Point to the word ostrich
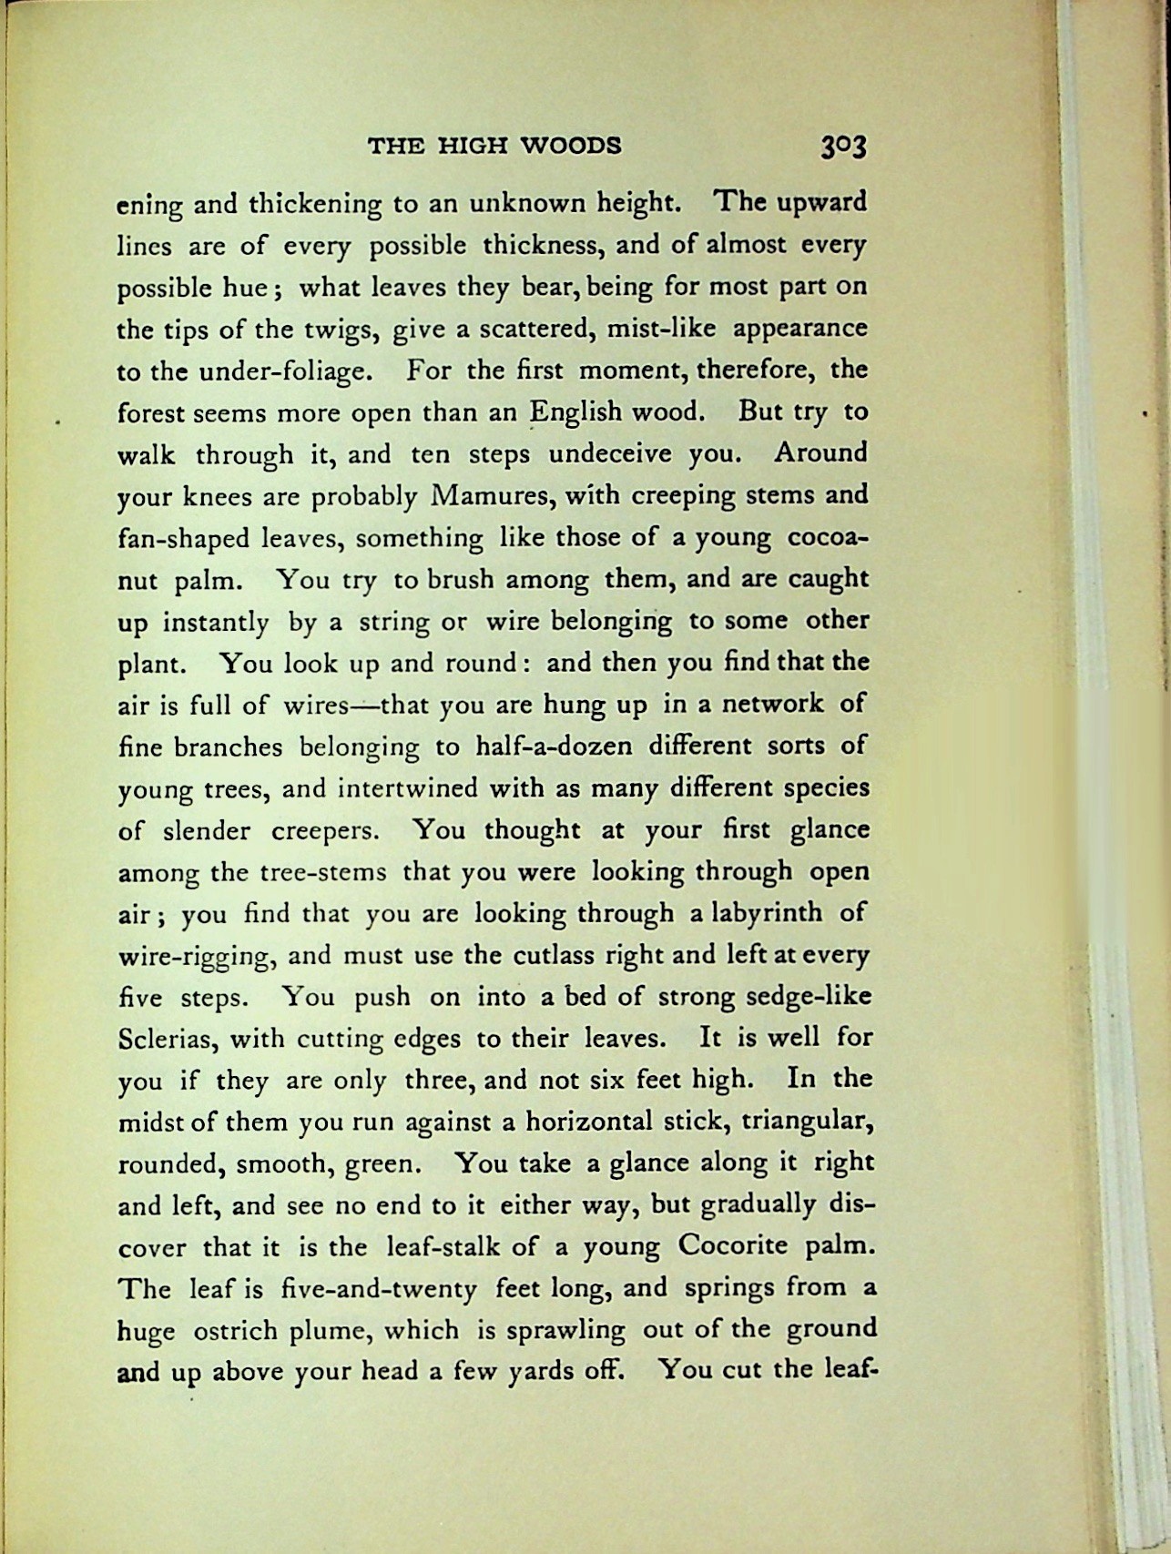(235, 1330)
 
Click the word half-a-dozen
(554, 747)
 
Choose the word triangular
(809, 1122)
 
